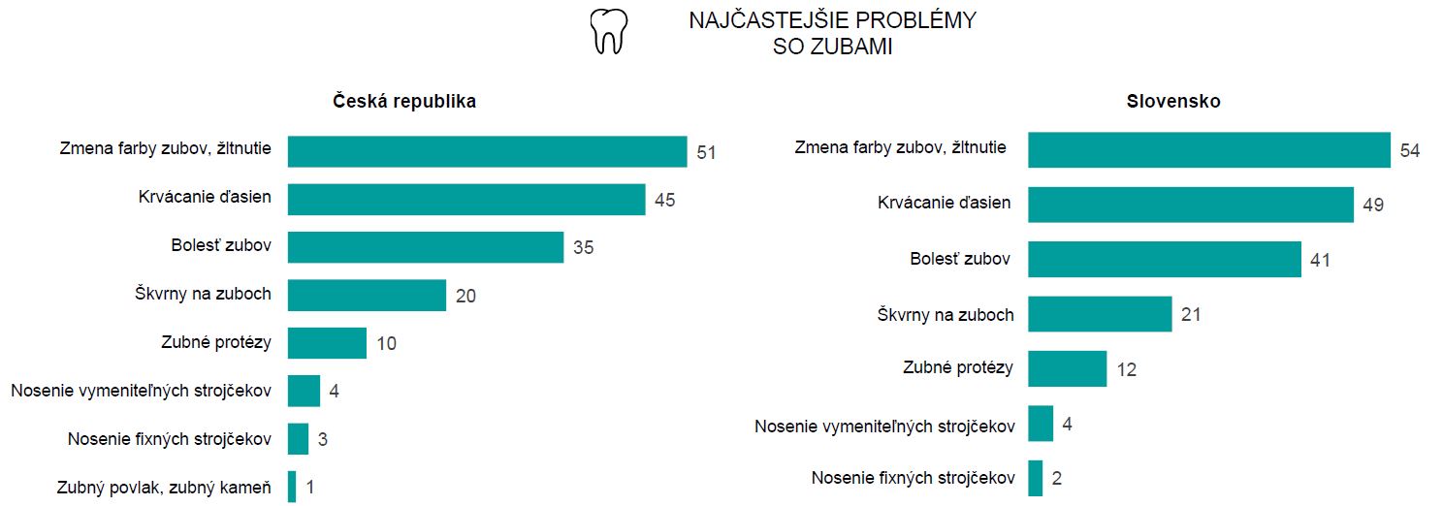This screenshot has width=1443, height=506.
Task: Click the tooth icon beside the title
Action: click(x=609, y=32)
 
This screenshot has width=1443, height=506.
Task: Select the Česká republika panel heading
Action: click(x=404, y=101)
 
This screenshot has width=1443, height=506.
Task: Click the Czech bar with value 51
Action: click(x=487, y=151)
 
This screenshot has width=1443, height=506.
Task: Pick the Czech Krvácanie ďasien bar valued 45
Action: click(x=466, y=200)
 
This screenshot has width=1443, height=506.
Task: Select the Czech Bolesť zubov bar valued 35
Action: click(x=426, y=247)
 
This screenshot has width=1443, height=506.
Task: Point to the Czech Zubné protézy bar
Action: click(x=327, y=343)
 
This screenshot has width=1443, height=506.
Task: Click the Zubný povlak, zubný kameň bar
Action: click(x=292, y=487)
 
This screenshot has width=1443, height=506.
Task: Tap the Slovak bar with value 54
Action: click(x=1208, y=150)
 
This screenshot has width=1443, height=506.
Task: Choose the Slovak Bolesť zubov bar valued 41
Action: click(x=1164, y=260)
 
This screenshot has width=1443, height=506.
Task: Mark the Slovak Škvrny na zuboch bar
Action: click(x=1100, y=314)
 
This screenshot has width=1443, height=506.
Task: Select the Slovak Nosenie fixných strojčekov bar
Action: click(x=1035, y=478)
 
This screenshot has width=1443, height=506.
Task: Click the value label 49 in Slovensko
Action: click(x=1372, y=206)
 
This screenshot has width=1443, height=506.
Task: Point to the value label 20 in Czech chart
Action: click(x=465, y=296)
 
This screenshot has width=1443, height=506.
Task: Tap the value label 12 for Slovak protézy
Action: click(x=1126, y=369)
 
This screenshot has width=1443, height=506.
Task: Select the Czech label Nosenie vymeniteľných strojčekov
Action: click(x=141, y=391)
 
